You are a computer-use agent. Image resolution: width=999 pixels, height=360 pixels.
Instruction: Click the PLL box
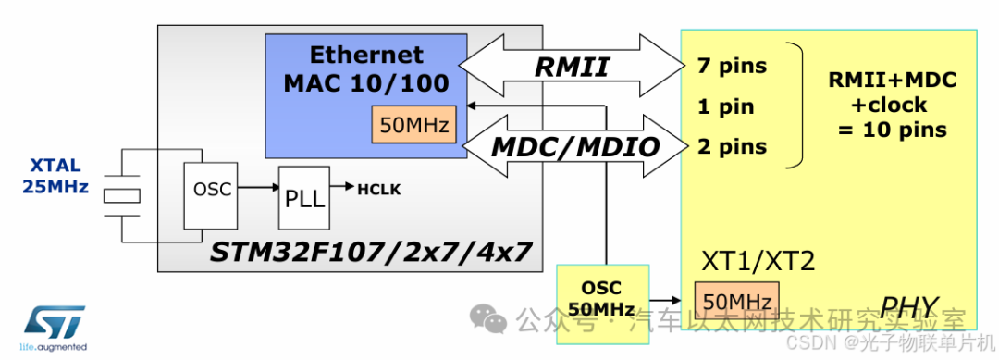point(304,197)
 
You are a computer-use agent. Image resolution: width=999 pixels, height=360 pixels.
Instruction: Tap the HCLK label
point(379,189)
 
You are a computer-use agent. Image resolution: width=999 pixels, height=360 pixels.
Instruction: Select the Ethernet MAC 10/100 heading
point(366,68)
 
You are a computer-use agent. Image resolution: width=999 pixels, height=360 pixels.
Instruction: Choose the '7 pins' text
point(733,67)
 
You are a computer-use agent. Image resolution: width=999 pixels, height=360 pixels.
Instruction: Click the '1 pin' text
point(726,106)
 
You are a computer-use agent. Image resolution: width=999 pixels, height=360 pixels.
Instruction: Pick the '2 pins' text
point(733,146)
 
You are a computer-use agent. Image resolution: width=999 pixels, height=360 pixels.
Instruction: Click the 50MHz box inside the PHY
point(738,303)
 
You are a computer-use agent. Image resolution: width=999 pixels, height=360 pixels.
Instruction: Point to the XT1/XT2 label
point(758,263)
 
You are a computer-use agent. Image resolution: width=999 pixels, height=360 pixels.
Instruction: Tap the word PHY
point(909,305)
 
